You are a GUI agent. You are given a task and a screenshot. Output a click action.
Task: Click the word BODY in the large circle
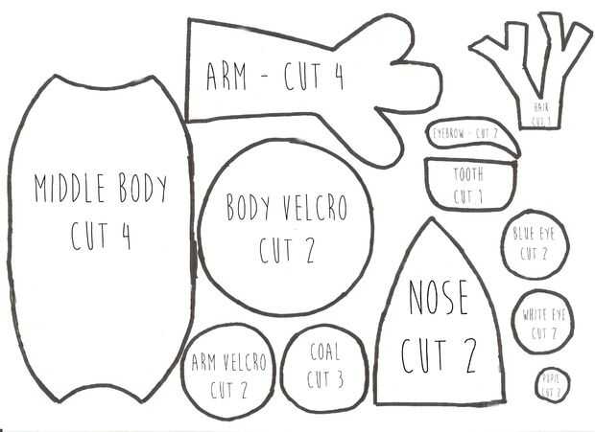click(248, 208)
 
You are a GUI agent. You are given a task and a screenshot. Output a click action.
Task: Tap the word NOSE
click(439, 298)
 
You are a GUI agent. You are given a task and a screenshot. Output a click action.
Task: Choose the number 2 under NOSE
click(466, 355)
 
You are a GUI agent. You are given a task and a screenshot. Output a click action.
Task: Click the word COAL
click(324, 352)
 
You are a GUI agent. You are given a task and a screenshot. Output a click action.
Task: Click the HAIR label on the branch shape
click(542, 107)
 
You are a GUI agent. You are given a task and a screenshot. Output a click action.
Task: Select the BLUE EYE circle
click(535, 244)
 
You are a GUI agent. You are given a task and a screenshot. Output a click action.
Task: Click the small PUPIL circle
click(552, 385)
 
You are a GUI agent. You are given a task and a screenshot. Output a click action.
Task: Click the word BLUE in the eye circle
click(524, 234)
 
